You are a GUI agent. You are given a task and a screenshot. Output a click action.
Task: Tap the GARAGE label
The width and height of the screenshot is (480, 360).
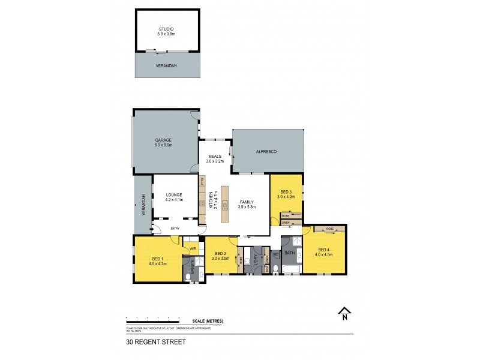pyautogui.click(x=164, y=140)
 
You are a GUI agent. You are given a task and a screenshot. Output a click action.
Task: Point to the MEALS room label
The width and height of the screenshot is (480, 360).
pyautogui.click(x=215, y=157)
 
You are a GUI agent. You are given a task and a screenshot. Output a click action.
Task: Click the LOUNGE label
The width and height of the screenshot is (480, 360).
pyautogui.click(x=175, y=194)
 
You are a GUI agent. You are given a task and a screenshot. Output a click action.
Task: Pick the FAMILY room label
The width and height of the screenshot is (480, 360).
pyautogui.click(x=247, y=202)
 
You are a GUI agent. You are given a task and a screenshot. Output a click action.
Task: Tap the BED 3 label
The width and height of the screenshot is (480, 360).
pyautogui.click(x=285, y=192)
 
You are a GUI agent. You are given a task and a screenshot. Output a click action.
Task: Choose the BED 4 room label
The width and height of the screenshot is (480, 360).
pyautogui.click(x=324, y=250)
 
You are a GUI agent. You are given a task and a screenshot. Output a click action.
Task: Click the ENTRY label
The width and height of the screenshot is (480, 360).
pyautogui.click(x=175, y=229)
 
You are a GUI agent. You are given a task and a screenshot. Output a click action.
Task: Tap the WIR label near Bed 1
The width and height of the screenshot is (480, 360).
pyautogui.click(x=193, y=248)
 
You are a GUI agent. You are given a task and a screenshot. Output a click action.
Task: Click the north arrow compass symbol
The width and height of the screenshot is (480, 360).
pyautogui.click(x=344, y=312)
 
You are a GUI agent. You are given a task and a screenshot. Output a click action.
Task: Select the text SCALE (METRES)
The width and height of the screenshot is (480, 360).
pyautogui.click(x=208, y=322)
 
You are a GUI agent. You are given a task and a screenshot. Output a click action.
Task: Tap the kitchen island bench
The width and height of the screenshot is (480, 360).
pyautogui.click(x=224, y=202)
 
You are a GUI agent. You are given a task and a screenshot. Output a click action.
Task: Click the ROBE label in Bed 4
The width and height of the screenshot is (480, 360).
pyautogui.click(x=329, y=229)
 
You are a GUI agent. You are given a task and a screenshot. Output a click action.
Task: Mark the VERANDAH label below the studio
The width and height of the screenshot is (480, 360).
pyautogui.click(x=167, y=65)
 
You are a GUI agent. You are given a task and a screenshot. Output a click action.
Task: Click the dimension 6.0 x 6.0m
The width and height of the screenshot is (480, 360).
pyautogui.click(x=164, y=145)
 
